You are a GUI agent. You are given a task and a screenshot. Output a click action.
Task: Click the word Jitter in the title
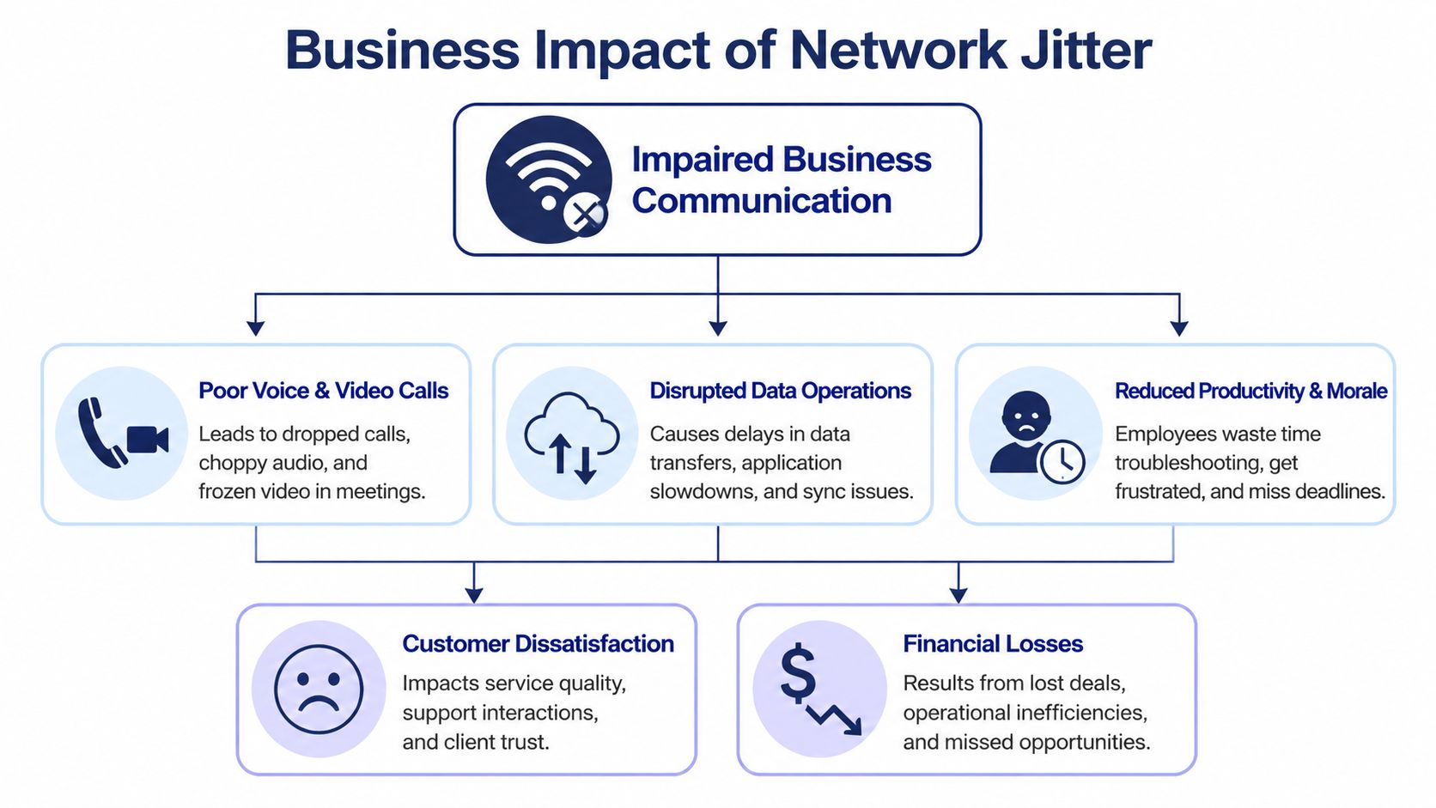pyautogui.click(x=1086, y=50)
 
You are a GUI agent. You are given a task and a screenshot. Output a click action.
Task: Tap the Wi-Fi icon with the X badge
pyautogui.click(x=549, y=179)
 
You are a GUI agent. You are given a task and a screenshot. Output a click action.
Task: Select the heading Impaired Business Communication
pyautogui.click(x=781, y=179)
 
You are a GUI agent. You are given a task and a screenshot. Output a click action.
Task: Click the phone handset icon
pyautogui.click(x=98, y=432)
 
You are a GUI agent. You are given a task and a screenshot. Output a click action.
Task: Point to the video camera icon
pyautogui.click(x=148, y=439)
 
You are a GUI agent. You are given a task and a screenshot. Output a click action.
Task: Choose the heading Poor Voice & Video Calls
pyautogui.click(x=323, y=391)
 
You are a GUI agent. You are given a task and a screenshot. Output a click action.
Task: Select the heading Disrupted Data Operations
pyautogui.click(x=780, y=391)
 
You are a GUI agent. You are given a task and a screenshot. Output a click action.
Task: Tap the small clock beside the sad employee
pyautogui.click(x=1062, y=462)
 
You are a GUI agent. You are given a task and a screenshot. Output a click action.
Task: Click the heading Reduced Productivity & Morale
pyautogui.click(x=1250, y=391)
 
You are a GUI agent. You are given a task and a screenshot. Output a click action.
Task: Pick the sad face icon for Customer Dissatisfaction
pyautogui.click(x=319, y=689)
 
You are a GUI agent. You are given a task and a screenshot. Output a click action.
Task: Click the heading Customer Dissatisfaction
pyautogui.click(x=538, y=644)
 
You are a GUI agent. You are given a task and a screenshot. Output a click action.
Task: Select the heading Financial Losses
pyautogui.click(x=993, y=644)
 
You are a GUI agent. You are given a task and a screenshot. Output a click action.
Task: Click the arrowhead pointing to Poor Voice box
pyautogui.click(x=255, y=328)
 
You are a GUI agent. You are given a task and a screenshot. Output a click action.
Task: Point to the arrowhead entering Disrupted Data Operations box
pyautogui.click(x=718, y=328)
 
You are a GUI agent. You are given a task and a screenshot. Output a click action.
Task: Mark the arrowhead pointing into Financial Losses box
pyautogui.click(x=958, y=595)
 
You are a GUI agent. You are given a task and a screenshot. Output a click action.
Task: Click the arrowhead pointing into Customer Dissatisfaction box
pyautogui.click(x=474, y=595)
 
